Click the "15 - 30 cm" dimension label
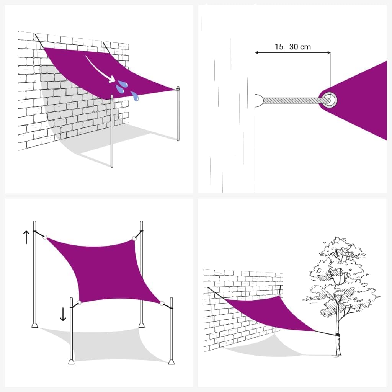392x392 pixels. [292, 47]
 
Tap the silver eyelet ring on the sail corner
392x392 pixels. [330, 100]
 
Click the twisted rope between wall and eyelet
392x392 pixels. [293, 100]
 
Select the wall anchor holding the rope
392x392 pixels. [259, 100]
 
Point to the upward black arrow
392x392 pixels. [26, 237]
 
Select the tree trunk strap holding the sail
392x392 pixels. [337, 336]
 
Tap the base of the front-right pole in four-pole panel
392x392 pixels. [171, 361]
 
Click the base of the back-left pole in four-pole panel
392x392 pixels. [34, 325]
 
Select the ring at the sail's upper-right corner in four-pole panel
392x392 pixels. [134, 239]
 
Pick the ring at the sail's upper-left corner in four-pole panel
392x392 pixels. [45, 237]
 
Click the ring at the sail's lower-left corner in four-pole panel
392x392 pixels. [79, 303]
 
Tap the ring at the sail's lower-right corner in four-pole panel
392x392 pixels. [162, 304]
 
